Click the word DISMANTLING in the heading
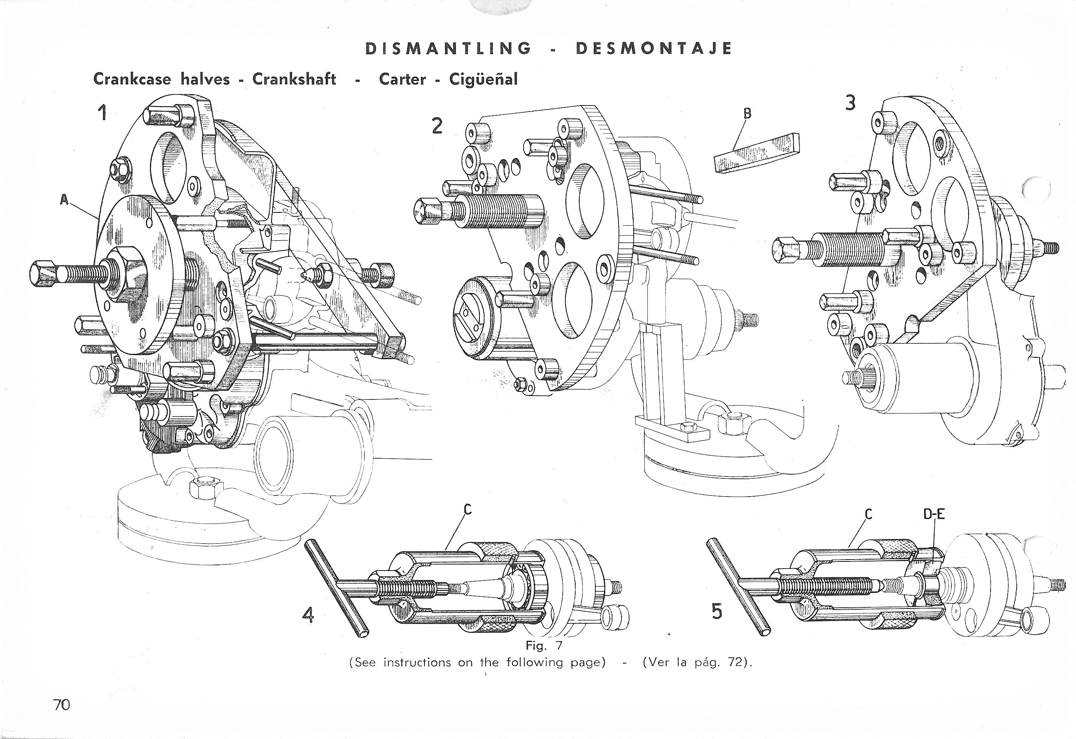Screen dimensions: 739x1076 [448, 49]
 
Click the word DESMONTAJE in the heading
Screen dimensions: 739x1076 [653, 49]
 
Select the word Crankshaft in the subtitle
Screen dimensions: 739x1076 [294, 79]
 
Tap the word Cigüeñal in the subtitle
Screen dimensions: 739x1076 [483, 80]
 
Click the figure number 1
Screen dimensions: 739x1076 [103, 113]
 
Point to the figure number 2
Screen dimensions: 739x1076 [437, 126]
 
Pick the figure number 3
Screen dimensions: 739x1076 [850, 103]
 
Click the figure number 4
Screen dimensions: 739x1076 [308, 615]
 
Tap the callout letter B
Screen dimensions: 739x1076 [746, 113]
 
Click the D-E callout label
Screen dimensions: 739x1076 [934, 514]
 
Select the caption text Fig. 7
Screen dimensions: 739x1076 [543, 645]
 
